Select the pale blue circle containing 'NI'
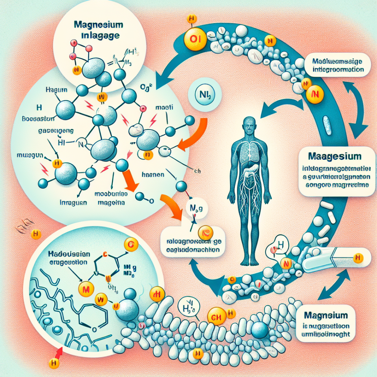point(204,95)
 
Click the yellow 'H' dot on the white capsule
point(357,258)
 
